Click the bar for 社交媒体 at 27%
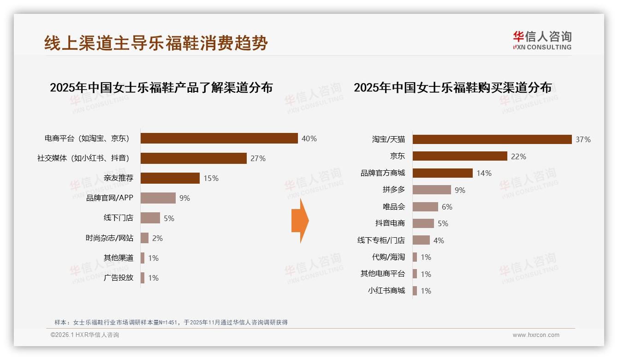point(193,158)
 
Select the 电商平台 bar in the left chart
point(219,138)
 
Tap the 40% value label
point(309,138)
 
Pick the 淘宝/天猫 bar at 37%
point(492,139)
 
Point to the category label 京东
point(397,156)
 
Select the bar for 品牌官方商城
point(442,173)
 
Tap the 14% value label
point(484,173)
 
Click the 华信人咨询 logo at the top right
point(542,40)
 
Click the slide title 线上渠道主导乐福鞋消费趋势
point(156,43)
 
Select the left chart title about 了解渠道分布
point(161,87)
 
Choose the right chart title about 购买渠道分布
point(452,87)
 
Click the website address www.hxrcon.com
point(535,335)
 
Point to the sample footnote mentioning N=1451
point(171,322)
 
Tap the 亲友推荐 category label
point(119,178)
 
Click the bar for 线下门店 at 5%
point(150,218)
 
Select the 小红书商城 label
point(386,291)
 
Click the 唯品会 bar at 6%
point(425,207)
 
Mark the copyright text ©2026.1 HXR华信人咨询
point(84,335)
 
